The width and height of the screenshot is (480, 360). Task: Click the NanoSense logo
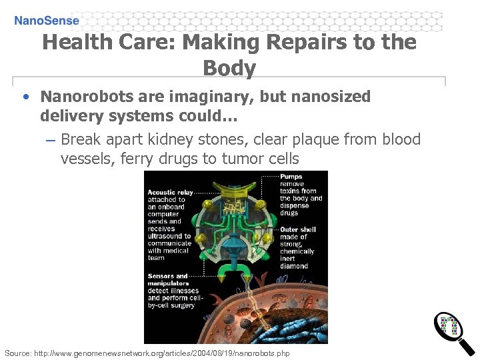click(x=47, y=20)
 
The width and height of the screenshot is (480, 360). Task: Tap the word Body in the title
click(x=229, y=68)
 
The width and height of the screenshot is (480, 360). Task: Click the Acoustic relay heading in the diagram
click(x=170, y=193)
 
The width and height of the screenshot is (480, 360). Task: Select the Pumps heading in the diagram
click(x=291, y=177)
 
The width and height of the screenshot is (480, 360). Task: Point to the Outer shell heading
click(x=298, y=229)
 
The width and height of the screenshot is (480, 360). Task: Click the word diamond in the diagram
click(x=294, y=266)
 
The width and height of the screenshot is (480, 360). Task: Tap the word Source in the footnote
click(x=19, y=353)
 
